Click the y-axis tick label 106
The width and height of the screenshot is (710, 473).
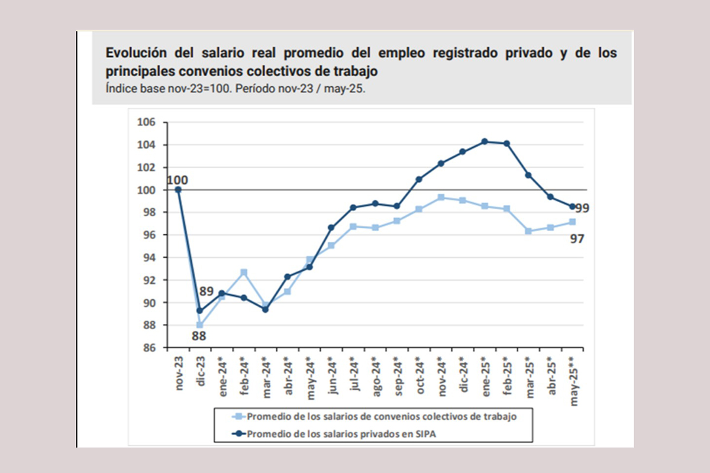pos(147,122)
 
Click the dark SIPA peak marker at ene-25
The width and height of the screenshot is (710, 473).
pos(485,141)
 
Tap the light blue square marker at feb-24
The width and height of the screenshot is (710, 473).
pos(244,273)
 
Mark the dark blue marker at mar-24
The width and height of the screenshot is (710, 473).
pos(265,309)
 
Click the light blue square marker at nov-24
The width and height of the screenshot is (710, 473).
pos(441,197)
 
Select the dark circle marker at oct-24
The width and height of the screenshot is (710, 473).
pos(419,179)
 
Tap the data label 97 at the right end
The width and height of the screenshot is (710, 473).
pos(577,238)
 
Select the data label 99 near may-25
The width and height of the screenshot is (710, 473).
pos(582,208)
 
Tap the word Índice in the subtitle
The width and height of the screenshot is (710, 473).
pos(120,89)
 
